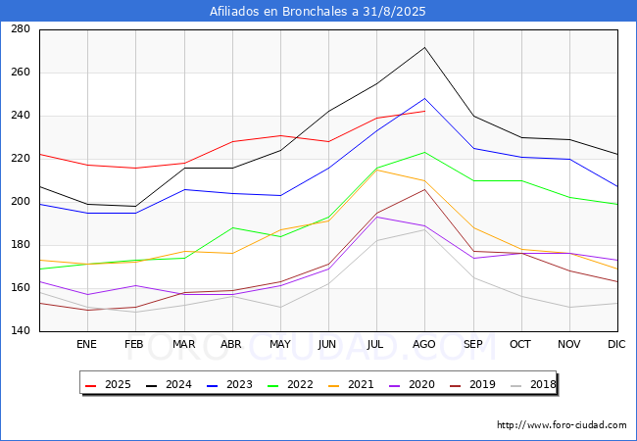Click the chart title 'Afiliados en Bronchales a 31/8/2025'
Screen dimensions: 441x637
[x=318, y=12]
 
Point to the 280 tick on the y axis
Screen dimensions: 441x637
[x=21, y=29]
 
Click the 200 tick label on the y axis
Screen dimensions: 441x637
[x=21, y=202]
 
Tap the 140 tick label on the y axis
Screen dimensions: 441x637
[x=21, y=331]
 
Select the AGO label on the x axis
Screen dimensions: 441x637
[x=424, y=344]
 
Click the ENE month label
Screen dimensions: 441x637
[x=87, y=344]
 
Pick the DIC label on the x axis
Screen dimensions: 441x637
[x=616, y=344]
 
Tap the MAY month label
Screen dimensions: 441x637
[x=279, y=344]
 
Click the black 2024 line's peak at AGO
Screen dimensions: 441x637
[x=424, y=47]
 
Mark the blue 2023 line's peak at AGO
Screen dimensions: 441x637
[x=424, y=98]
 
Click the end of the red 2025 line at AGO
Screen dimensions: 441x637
[x=424, y=111]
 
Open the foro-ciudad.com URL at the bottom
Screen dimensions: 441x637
[x=562, y=425]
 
